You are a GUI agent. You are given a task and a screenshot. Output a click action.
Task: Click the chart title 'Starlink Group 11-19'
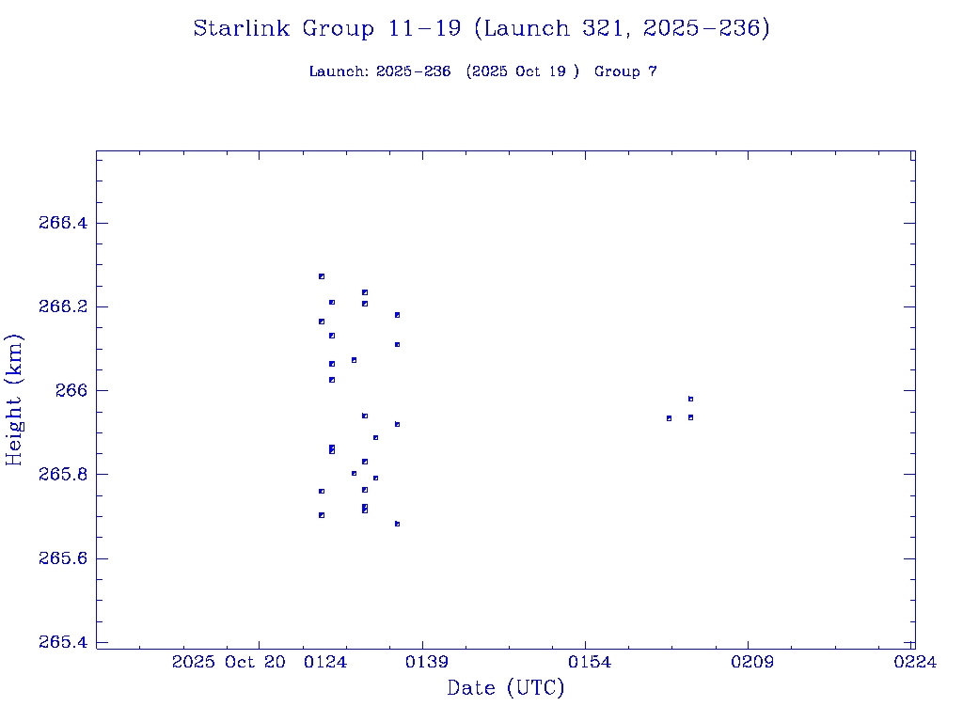point(481,29)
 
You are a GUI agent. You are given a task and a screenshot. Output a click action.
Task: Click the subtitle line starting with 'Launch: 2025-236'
point(482,71)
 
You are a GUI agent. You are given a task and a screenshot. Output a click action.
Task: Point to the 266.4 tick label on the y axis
point(63,223)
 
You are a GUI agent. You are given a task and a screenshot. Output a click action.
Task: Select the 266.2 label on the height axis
point(63,307)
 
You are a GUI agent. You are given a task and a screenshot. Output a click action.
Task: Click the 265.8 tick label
point(63,475)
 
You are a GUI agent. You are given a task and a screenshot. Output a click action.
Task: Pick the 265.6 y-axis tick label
point(63,558)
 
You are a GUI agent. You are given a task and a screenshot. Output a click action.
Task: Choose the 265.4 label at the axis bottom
point(63,642)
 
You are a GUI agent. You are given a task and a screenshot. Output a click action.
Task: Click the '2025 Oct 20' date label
point(229,663)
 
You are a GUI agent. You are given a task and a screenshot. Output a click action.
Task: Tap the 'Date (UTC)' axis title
point(506,689)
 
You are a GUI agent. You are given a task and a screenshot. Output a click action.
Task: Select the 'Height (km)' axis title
point(15,400)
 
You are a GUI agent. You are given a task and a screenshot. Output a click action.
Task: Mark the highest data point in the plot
point(322,276)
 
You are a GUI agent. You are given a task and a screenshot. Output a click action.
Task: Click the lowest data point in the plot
point(398,524)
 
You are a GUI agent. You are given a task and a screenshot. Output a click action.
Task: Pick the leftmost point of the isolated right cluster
point(669,418)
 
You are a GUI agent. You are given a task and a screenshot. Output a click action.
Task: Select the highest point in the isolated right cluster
point(690,399)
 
